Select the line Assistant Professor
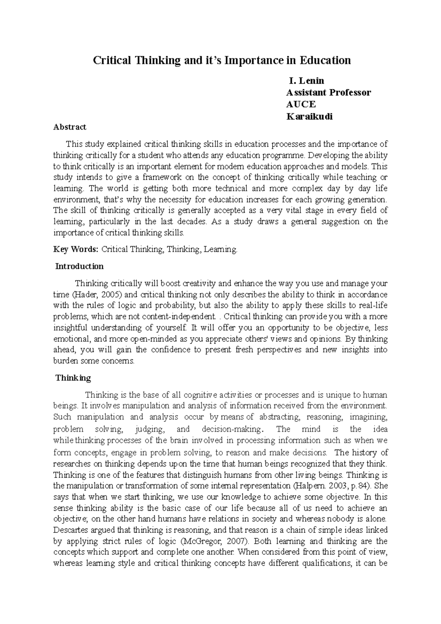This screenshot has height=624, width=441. click(329, 92)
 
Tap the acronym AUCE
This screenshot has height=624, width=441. click(301, 104)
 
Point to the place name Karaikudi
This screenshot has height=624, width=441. click(309, 116)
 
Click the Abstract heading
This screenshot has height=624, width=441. click(70, 127)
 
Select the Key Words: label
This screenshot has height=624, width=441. click(76, 249)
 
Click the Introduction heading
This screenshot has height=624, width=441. click(79, 266)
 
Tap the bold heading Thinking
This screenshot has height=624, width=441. click(73, 378)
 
